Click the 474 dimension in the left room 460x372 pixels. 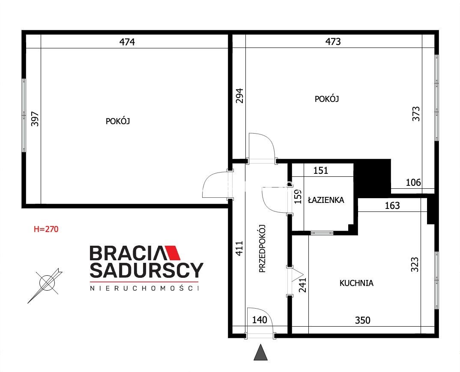(127, 42)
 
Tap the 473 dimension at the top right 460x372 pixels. (333, 42)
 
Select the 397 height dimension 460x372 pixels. (35, 119)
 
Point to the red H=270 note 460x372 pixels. (46, 229)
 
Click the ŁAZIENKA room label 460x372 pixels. (326, 200)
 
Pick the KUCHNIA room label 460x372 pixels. (356, 283)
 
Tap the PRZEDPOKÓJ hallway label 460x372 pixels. (262, 249)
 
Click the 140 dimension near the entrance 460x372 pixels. (260, 319)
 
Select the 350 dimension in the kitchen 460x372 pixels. (363, 320)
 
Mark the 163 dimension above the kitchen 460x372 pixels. (392, 205)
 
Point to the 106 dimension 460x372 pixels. (413, 182)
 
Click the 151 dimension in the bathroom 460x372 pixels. (321, 170)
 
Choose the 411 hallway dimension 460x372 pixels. (239, 248)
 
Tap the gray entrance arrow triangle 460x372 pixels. (260, 352)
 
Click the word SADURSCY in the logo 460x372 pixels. (146, 270)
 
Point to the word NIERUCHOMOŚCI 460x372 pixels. (144, 288)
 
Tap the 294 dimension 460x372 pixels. (240, 96)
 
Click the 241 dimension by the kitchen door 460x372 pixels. (302, 285)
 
